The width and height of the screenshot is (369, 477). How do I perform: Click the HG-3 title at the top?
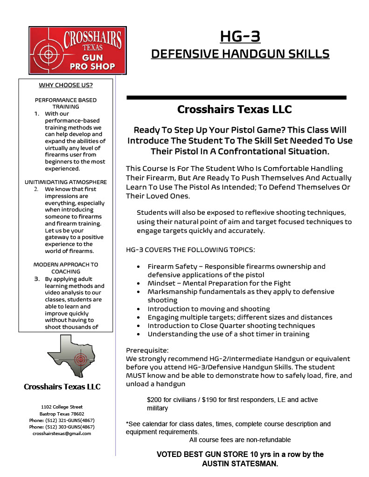click(x=240, y=36)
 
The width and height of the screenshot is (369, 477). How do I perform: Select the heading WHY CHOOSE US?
click(x=65, y=85)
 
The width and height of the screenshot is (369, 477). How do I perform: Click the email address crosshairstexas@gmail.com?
click(x=62, y=434)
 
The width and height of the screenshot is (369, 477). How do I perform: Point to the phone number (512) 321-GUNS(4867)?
click(x=68, y=420)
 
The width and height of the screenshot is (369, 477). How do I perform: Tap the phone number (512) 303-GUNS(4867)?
click(x=68, y=427)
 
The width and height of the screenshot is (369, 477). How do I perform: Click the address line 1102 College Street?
click(x=62, y=407)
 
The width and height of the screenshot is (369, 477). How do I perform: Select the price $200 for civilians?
click(x=173, y=400)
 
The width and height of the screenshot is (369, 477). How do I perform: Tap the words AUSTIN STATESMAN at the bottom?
click(x=240, y=464)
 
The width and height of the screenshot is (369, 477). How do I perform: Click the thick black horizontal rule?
click(x=237, y=97)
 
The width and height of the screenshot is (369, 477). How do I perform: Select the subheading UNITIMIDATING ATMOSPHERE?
click(x=66, y=182)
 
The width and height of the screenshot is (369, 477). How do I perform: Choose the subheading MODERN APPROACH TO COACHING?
click(x=66, y=268)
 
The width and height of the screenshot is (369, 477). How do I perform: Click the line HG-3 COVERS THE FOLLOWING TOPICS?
click(x=190, y=250)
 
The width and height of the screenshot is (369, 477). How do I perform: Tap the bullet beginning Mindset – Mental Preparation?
click(x=219, y=283)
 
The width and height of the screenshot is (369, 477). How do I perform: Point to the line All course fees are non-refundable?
click(x=240, y=440)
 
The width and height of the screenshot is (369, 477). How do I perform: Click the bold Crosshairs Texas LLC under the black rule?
click(x=234, y=110)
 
